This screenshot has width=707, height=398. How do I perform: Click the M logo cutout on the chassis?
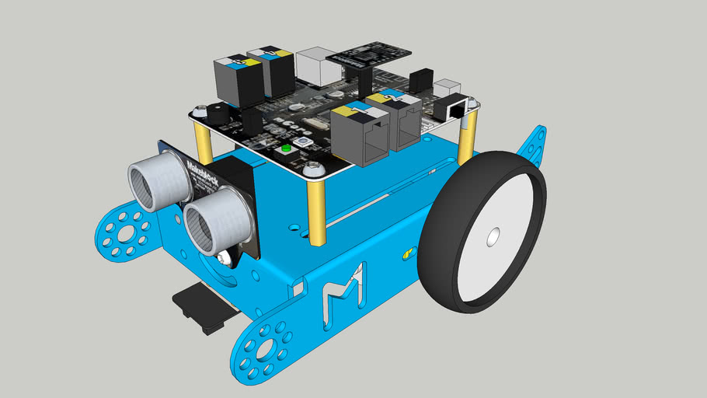point(343,286)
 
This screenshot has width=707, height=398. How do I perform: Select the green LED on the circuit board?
point(286,148)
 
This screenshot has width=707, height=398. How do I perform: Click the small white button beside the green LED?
point(301,145)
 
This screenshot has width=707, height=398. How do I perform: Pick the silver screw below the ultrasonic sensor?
point(225,258)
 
